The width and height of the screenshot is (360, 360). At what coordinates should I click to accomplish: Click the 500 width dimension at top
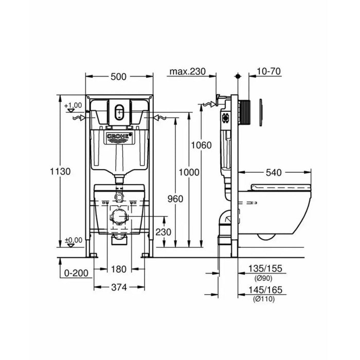point(119,77)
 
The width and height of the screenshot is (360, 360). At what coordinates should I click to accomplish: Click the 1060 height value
point(201,145)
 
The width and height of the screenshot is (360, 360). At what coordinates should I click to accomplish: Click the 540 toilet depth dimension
point(275,173)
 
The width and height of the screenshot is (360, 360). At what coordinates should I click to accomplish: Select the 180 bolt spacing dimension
point(119,268)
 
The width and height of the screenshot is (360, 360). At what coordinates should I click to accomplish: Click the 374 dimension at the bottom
point(119,287)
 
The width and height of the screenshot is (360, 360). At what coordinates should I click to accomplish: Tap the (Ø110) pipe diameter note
point(263,299)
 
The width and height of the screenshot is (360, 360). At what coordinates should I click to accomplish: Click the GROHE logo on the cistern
point(119,137)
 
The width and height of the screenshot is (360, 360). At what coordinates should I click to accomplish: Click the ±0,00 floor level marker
point(75,240)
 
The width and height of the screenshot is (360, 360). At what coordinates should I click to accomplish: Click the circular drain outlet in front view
point(119,217)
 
